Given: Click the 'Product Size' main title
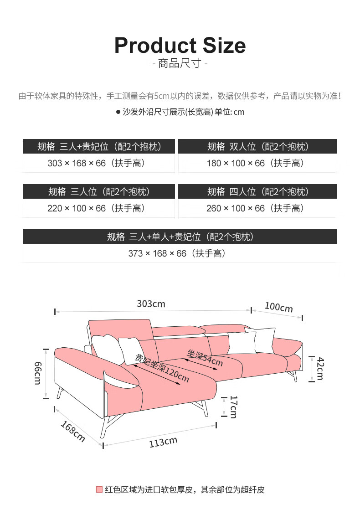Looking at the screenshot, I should point(180,46).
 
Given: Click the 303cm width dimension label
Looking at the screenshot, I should point(151,304).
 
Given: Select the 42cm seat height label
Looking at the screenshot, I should point(320,368).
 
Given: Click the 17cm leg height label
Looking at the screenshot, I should point(233,407).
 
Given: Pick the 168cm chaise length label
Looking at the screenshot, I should point(72,431).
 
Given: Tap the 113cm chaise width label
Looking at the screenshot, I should point(163,442).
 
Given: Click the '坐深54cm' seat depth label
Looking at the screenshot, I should point(205,358).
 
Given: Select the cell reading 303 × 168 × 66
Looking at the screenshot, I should point(99,163).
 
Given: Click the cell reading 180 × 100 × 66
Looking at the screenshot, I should point(257,163).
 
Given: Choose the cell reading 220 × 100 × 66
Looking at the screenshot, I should point(99,208).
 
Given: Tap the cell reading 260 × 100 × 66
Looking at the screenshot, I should point(257,208).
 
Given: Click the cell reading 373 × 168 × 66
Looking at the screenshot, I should point(180,253).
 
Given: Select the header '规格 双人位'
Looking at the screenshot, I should point(257,146).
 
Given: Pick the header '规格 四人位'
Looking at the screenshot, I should point(257,191).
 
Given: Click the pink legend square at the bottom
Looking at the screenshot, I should point(99,489).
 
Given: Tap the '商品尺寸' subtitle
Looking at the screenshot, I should point(180,63).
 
